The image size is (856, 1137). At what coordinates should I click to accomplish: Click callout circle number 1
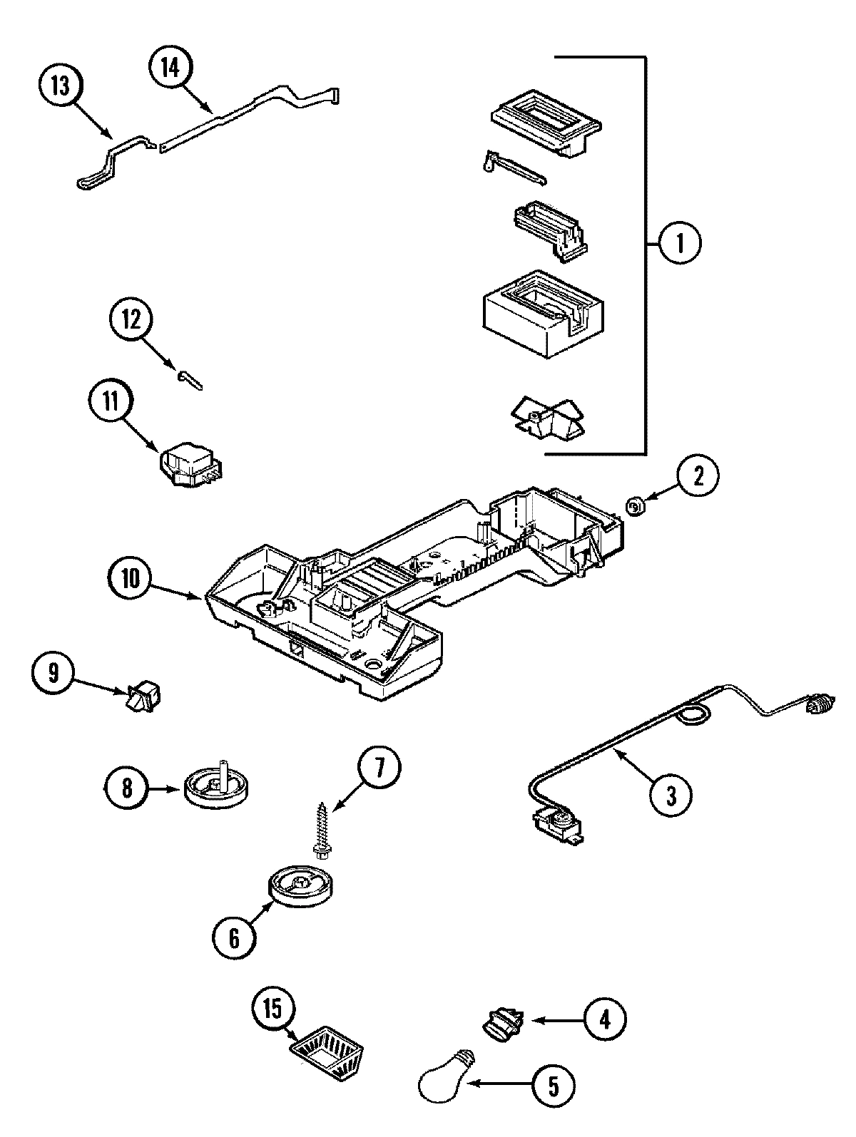click(x=678, y=244)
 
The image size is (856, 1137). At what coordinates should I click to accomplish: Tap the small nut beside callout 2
click(x=633, y=507)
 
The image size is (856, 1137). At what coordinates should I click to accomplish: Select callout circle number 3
click(x=670, y=794)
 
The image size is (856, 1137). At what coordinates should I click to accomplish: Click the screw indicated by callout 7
click(x=320, y=828)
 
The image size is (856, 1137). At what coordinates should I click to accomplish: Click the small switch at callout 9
click(x=146, y=695)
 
